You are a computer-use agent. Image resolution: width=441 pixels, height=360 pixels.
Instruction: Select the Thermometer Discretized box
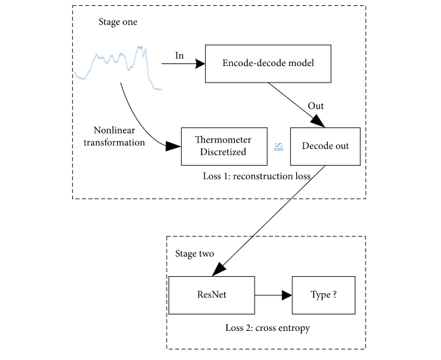[x=224, y=147]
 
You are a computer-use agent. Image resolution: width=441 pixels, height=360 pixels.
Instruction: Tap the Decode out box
[x=325, y=147]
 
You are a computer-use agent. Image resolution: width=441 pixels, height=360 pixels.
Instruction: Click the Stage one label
[x=117, y=24]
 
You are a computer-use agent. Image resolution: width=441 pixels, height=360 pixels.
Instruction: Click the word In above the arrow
[x=179, y=55]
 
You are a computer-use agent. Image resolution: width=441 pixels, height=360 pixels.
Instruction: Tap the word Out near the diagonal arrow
[x=315, y=105]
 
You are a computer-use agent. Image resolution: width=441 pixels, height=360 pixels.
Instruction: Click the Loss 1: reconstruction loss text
[x=256, y=177]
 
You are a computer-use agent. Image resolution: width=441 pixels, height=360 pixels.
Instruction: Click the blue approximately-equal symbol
[x=279, y=147]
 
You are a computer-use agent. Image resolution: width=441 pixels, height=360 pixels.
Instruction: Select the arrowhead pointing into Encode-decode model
[x=200, y=64]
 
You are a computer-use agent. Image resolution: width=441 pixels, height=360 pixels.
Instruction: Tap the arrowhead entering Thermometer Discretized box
[x=175, y=146]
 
